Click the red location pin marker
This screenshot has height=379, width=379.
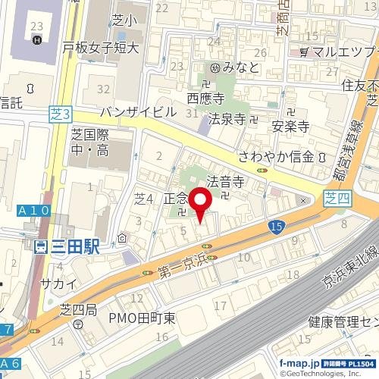point(200,205)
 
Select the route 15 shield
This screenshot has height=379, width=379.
point(276,227)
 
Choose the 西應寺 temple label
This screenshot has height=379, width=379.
point(208,99)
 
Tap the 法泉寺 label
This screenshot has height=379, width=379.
point(228,119)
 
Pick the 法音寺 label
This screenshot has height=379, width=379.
point(224,182)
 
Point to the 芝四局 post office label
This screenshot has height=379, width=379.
point(79,309)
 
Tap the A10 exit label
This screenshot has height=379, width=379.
point(33,210)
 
